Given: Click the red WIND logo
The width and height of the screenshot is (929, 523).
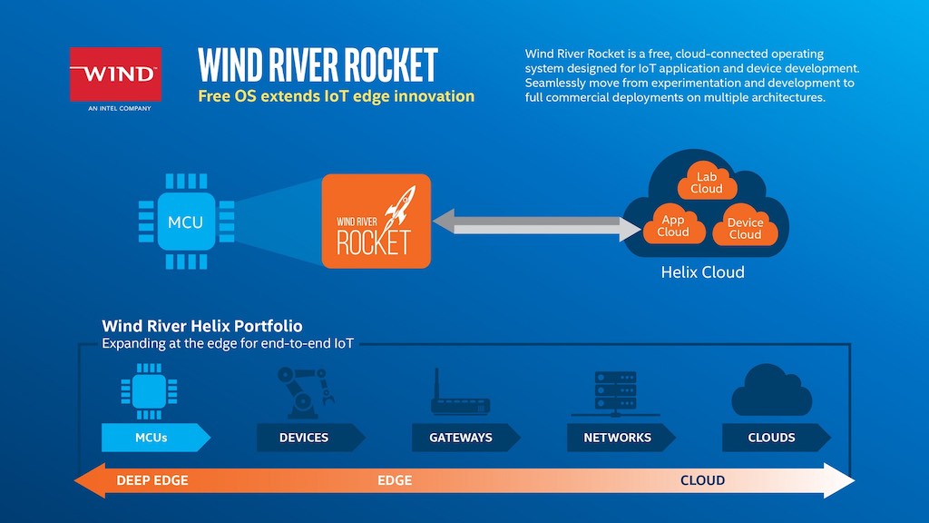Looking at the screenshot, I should [115, 74].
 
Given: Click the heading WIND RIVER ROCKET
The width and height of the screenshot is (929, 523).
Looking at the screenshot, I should [318, 65].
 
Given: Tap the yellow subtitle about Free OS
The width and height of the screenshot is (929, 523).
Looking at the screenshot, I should [336, 96].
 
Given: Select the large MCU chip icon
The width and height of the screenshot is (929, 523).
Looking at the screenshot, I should [185, 222].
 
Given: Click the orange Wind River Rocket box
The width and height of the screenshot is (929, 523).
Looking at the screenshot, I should [376, 222].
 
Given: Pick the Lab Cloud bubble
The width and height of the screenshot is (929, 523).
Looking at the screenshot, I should [706, 182].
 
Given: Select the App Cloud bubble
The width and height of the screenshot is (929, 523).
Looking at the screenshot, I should [672, 225].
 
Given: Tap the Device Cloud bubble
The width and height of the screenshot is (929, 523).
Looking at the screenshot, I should [745, 228].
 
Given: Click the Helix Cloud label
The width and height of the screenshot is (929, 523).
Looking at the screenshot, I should [702, 272].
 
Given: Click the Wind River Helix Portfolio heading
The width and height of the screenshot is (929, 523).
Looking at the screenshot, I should [202, 326].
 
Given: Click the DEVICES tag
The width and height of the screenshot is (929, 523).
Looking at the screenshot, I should [304, 438].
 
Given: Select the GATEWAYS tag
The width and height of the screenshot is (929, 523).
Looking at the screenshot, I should [461, 438].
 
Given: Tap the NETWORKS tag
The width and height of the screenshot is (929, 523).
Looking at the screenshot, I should [617, 438].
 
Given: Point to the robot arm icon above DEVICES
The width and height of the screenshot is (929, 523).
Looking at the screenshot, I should [302, 391].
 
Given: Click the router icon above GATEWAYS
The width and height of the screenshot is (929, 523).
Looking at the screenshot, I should [460, 397].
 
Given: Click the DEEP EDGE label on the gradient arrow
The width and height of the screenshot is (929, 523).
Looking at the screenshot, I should [152, 480].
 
